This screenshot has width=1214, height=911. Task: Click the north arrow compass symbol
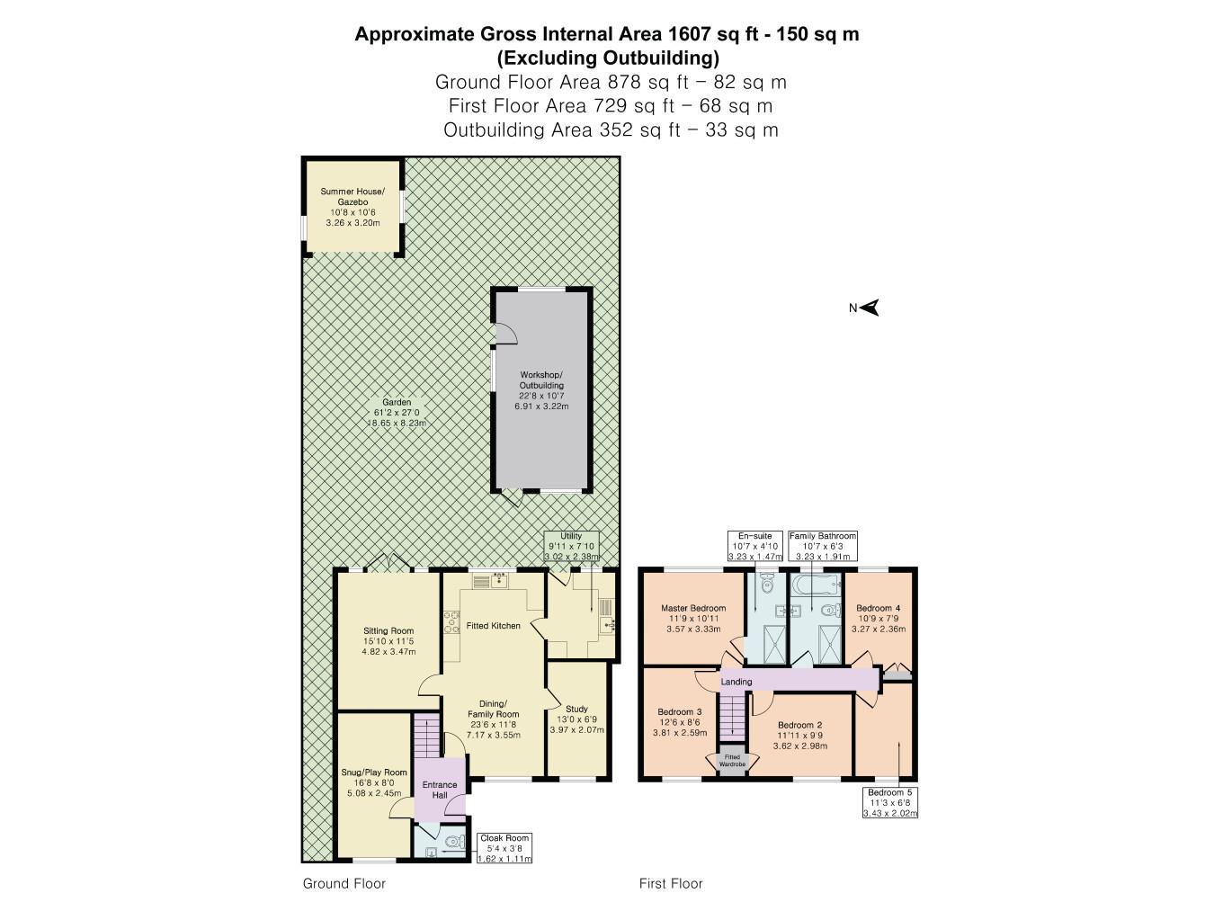point(870,308)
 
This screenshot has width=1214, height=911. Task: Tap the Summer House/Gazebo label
point(353,196)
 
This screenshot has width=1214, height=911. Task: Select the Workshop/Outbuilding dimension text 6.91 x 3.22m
point(541,406)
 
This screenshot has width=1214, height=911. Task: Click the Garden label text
point(397,402)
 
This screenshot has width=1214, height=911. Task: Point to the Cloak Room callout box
point(504,848)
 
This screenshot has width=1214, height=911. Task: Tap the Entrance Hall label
point(440,790)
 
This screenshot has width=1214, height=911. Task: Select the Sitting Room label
point(388,630)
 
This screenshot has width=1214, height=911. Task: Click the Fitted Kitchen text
point(494,626)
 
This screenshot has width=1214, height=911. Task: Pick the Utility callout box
point(571,547)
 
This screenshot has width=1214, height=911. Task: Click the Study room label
point(576,709)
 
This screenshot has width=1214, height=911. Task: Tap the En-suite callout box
point(755,546)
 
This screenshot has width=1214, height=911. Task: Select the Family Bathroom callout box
point(823,546)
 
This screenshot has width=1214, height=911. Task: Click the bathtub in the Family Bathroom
point(816,585)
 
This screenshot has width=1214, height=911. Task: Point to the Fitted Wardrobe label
point(732,761)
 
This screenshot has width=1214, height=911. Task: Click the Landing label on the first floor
point(736,682)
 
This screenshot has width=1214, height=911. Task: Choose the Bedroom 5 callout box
point(890,802)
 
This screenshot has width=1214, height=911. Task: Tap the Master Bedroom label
point(693,608)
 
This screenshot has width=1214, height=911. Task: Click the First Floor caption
point(670,883)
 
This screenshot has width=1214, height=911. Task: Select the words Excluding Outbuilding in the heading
point(608,58)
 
